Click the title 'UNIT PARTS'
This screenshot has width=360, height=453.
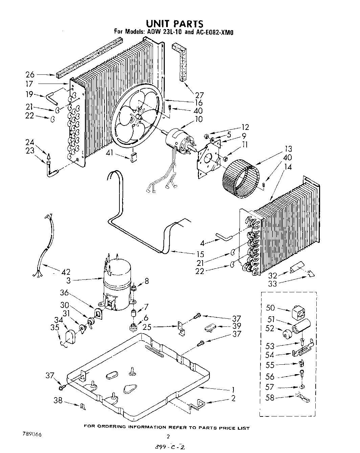[175, 23]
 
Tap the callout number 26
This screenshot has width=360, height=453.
[30, 75]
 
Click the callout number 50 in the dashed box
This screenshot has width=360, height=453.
[271, 308]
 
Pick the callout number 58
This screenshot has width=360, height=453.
[270, 398]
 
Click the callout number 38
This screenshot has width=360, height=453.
[58, 400]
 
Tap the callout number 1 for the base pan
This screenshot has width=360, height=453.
[233, 389]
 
